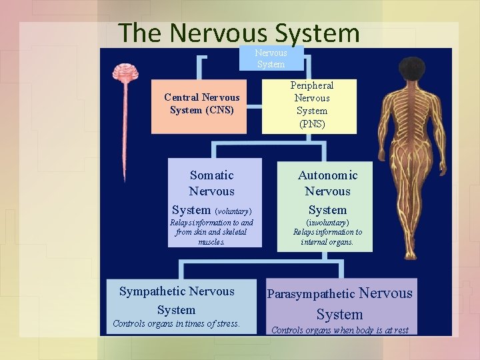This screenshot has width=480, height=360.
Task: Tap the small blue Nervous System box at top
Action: (x=271, y=59)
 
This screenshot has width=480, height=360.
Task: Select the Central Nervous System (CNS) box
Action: (x=202, y=104)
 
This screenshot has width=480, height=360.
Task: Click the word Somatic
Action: (x=212, y=175)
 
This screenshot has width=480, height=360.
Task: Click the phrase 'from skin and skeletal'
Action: (x=211, y=232)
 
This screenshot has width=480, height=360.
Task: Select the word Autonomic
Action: (x=327, y=175)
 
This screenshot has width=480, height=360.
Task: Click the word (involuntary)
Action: (x=327, y=222)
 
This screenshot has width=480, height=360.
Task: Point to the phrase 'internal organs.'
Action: (x=327, y=242)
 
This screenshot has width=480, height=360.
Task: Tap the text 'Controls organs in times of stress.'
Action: (x=176, y=324)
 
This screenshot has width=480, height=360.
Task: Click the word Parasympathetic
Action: (x=311, y=294)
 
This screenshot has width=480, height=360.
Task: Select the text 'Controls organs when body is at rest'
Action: (x=340, y=329)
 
